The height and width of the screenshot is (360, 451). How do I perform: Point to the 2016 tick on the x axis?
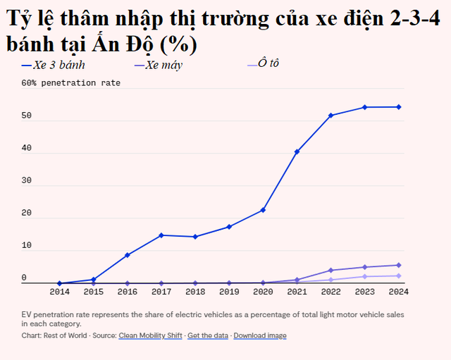(127, 291)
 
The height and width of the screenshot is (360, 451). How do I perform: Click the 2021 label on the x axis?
(297, 291)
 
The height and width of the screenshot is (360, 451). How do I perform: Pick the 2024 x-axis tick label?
(398, 291)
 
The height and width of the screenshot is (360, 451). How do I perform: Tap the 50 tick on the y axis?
(26, 116)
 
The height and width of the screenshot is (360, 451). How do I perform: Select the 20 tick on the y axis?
(26, 213)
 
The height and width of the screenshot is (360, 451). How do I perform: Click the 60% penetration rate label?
(70, 83)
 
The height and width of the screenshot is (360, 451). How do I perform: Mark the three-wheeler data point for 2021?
(297, 151)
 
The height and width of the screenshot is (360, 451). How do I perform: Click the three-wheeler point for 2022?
(330, 116)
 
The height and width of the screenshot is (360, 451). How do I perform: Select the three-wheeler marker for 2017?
(161, 235)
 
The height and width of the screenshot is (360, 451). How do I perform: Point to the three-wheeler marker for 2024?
(398, 107)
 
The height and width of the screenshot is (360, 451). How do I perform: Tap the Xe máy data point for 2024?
(398, 265)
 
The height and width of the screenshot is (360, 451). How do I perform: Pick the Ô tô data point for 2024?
(398, 275)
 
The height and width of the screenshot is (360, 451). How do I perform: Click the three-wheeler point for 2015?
(93, 280)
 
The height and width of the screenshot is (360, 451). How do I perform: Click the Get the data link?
(208, 336)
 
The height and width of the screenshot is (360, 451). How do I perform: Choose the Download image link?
(260, 336)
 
